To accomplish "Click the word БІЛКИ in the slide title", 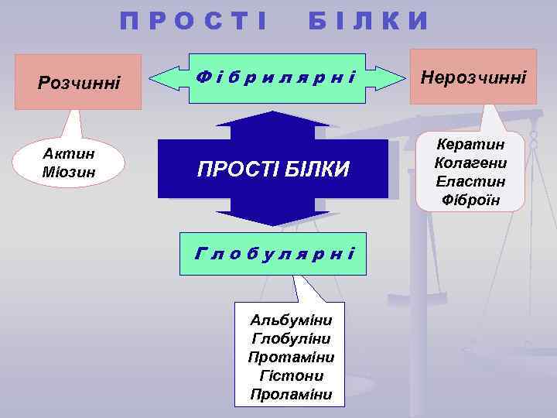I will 368,21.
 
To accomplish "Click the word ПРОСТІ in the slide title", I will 193,21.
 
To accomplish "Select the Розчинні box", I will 80,81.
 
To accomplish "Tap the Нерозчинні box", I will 473,76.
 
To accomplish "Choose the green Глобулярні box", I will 275,252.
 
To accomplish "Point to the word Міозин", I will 69,171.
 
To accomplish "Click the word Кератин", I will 470,145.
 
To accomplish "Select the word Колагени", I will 470,163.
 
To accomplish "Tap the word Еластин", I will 470,182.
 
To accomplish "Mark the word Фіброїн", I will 470,200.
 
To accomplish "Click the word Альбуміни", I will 290,320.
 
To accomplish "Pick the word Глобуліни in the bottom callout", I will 290,338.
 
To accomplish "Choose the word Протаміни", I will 290,357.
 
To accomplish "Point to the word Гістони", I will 290,375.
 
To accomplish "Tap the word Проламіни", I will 290,394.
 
